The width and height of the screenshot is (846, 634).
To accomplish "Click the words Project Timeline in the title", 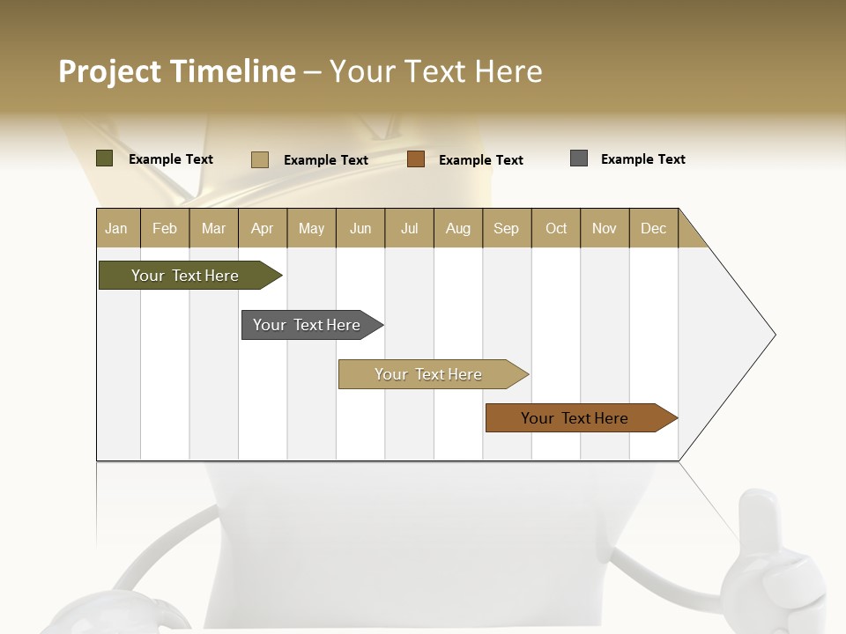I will coord(176,71).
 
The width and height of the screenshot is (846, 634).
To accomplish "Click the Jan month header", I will coord(116,228).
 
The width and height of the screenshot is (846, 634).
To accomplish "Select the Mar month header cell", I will coord(213,228).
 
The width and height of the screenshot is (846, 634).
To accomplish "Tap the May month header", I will coord(311,228).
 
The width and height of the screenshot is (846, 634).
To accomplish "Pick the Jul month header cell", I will coord(409,228).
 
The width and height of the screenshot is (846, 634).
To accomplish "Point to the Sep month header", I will coord(506,228).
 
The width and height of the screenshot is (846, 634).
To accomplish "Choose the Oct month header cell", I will coord(556,228).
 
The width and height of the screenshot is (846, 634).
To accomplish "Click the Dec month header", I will coord(653,228).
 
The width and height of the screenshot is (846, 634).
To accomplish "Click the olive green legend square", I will coord(105,158).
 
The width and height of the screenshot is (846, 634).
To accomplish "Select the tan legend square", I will coord(260,159).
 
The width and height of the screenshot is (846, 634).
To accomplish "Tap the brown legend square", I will coord(416,159).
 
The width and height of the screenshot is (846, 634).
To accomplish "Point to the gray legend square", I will coord(579,158).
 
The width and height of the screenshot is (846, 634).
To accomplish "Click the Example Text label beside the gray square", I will coord(642,159).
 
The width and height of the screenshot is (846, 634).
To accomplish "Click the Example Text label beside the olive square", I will coord(171,159).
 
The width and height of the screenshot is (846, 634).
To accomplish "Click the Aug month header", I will coord(457,228).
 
